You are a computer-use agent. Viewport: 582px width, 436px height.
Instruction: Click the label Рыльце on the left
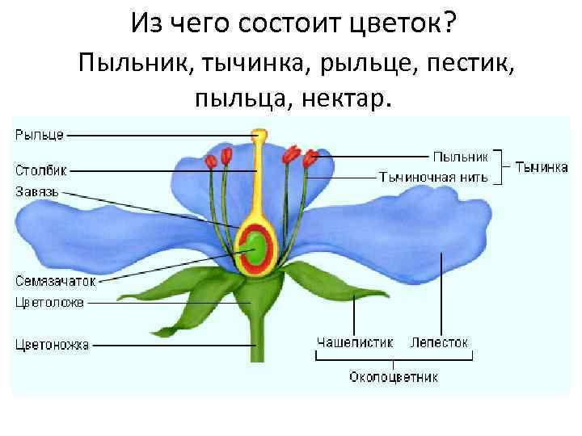(40, 135)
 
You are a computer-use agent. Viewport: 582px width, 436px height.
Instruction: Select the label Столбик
(41, 170)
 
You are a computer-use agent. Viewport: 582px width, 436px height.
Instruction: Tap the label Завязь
(37, 191)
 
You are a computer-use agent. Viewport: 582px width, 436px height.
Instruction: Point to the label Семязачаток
(56, 281)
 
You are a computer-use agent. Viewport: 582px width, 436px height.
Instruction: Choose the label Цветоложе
(49, 303)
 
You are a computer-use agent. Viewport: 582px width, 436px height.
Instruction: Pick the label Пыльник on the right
(460, 156)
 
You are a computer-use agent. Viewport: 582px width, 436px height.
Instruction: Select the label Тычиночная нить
(434, 177)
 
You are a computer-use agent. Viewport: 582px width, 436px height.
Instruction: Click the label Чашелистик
(355, 342)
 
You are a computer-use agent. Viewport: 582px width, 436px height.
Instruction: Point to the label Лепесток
(439, 342)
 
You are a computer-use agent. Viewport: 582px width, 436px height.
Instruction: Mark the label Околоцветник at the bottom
(394, 377)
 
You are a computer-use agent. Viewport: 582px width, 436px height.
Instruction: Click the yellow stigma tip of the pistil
(259, 135)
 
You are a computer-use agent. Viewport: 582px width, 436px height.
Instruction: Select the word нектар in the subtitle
(347, 99)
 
